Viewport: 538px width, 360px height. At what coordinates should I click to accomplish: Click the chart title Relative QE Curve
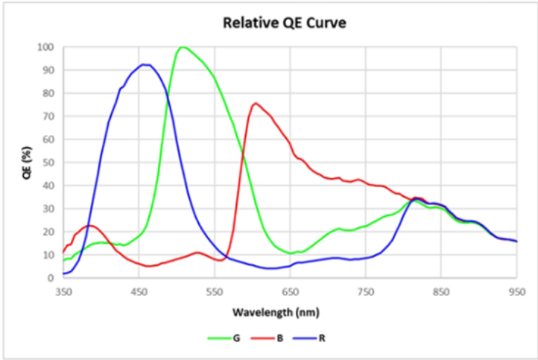[285, 23]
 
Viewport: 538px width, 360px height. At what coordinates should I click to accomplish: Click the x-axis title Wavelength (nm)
[288, 310]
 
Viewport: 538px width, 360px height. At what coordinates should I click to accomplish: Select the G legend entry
[235, 338]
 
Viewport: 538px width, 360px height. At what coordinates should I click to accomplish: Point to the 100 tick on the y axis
[46, 47]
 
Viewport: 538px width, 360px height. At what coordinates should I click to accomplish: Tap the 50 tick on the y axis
[48, 162]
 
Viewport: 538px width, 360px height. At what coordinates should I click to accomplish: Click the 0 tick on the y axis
[51, 278]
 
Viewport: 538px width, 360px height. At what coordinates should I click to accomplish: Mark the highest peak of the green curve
[183, 47]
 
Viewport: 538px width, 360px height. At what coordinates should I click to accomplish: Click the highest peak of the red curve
[255, 103]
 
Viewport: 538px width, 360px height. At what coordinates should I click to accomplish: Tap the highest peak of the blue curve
[145, 65]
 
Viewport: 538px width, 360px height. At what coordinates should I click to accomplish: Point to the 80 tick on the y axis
[48, 93]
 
